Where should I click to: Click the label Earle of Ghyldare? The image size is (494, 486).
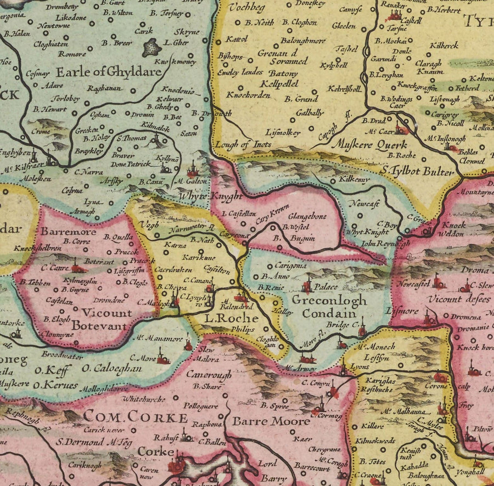coord(108,71)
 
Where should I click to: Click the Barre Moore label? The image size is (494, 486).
coord(263,422)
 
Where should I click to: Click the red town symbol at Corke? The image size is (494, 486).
coord(177,467)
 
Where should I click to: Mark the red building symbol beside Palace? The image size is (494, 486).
coord(306,285)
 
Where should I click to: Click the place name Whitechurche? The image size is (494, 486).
coord(144,399)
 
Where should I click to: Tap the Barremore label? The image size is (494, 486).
coord(68,231)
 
